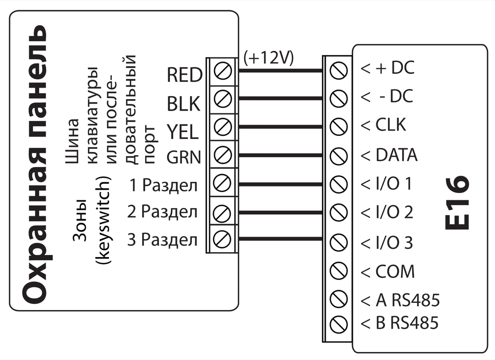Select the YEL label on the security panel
pyautogui.click(x=183, y=132)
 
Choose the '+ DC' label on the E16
pyautogui.click(x=388, y=69)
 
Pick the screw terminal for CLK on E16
pyautogui.click(x=338, y=125)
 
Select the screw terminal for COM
pyautogui.click(x=338, y=271)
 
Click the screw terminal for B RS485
pyautogui.click(x=338, y=322)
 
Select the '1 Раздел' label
pyautogui.click(x=163, y=186)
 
